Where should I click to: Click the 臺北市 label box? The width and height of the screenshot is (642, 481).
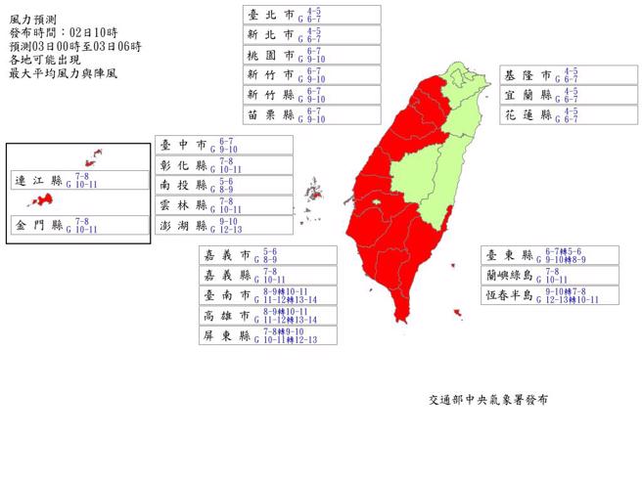pyautogui.click(x=312, y=14)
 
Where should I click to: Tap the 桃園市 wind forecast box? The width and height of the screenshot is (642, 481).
pyautogui.click(x=312, y=55)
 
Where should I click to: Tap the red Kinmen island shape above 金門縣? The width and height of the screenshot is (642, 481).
pyautogui.click(x=41, y=200)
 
